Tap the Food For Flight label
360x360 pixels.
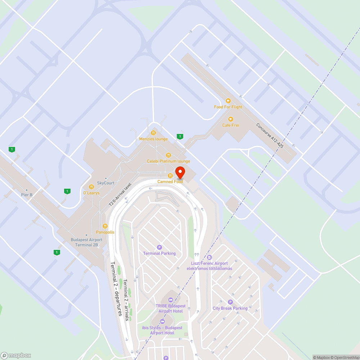228,107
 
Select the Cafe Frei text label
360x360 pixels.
230,125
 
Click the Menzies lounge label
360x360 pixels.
153,139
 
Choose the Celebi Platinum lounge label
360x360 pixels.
168,161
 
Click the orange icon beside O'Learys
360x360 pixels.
91,187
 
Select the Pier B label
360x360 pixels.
26,195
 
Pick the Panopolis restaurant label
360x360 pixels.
105,232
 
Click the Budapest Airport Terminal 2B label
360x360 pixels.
86,242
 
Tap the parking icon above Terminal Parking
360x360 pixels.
159,247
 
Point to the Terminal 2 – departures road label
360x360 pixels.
116,288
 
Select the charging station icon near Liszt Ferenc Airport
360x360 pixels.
210,257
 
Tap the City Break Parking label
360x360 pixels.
230,308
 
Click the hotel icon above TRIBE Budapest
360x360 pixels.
171,300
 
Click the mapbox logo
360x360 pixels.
16,355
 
